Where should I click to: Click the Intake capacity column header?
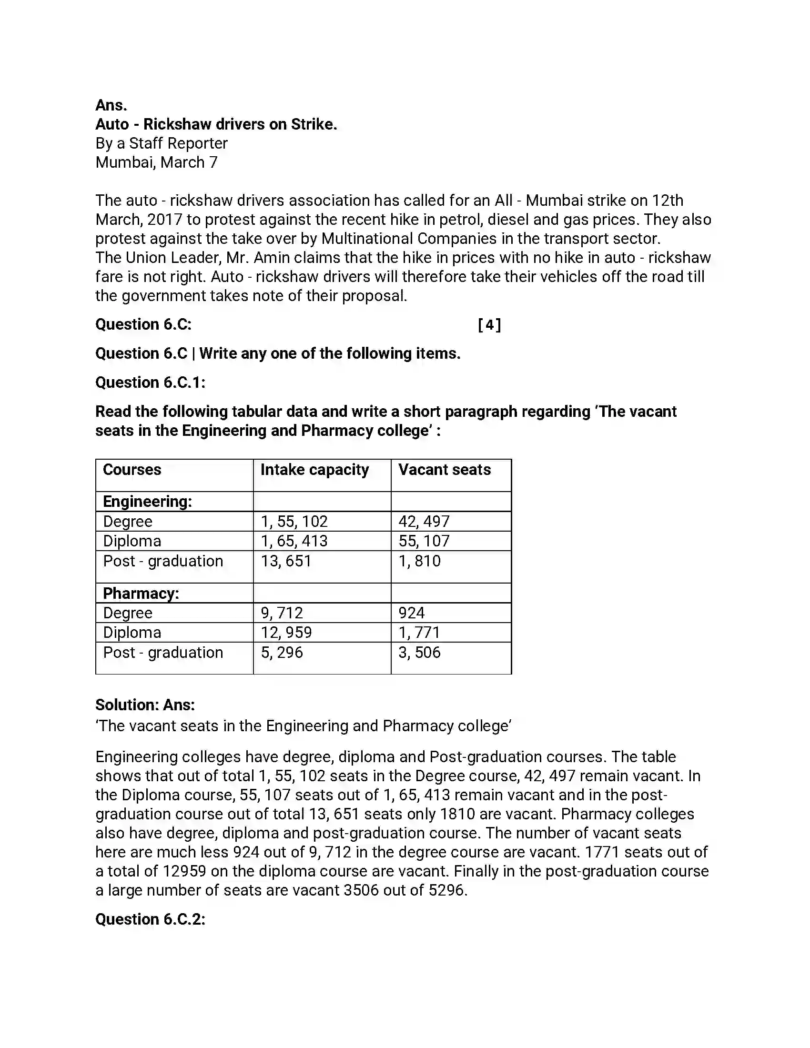click(x=314, y=470)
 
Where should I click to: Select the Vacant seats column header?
click(x=445, y=470)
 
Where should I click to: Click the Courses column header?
click(x=132, y=470)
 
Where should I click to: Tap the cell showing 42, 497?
click(x=424, y=521)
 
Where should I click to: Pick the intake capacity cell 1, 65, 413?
click(x=294, y=541)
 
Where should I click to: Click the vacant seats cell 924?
click(x=411, y=613)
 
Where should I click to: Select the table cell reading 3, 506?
click(x=419, y=652)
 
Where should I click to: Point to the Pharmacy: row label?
click(x=141, y=594)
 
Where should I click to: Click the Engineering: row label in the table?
click(x=147, y=502)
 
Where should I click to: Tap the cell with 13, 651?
click(x=286, y=561)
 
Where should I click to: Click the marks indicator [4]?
click(x=489, y=325)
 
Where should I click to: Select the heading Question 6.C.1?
click(x=150, y=383)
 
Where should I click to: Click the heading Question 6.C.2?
click(x=150, y=919)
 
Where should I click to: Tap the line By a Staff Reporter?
click(x=161, y=143)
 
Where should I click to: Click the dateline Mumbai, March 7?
click(x=156, y=162)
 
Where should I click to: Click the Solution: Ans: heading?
click(x=145, y=705)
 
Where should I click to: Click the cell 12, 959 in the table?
click(x=286, y=633)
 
